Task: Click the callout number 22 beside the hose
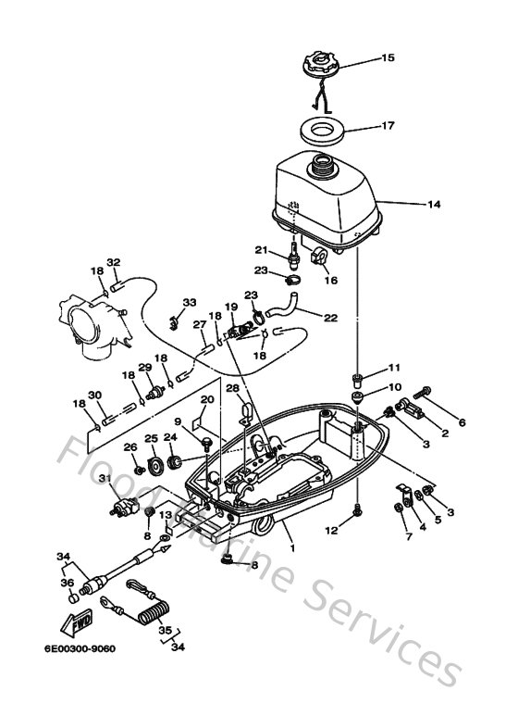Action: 331,318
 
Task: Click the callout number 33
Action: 189,303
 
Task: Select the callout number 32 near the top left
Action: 114,262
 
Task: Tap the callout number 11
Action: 394,368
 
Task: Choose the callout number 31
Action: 105,478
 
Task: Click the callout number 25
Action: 151,438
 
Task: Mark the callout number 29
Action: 144,368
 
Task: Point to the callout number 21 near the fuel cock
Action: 262,249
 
